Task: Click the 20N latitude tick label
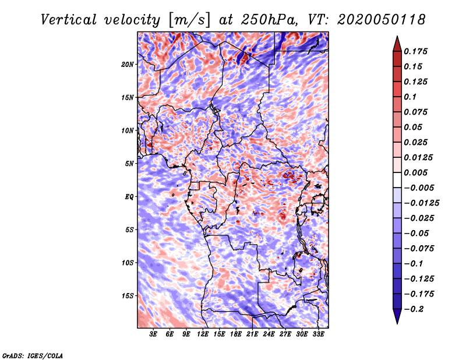pyautogui.click(x=128, y=65)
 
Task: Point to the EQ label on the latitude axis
pyautogui.click(x=129, y=197)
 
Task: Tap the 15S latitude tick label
pyautogui.click(x=128, y=296)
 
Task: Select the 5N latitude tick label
pyautogui.click(x=129, y=164)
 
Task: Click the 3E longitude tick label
pyautogui.click(x=153, y=334)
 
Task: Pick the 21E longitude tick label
pyautogui.click(x=252, y=334)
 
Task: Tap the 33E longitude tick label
pyautogui.click(x=318, y=334)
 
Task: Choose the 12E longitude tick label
pyautogui.click(x=202, y=334)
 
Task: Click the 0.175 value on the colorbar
pyautogui.click(x=415, y=51)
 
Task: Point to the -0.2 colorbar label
pyautogui.click(x=414, y=309)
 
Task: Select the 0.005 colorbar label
pyautogui.click(x=415, y=172)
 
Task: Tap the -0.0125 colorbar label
pyautogui.click(x=421, y=203)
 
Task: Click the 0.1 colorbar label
pyautogui.click(x=410, y=97)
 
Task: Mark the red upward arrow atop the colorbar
pyautogui.click(x=397, y=44)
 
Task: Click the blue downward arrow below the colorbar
pyautogui.click(x=397, y=316)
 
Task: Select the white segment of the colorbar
pyautogui.click(x=397, y=180)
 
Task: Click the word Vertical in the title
pyautogui.click(x=69, y=20)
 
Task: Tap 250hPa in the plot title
pyautogui.click(x=269, y=20)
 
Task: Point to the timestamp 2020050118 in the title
pyautogui.click(x=381, y=20)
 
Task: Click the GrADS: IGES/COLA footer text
pyautogui.click(x=33, y=355)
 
